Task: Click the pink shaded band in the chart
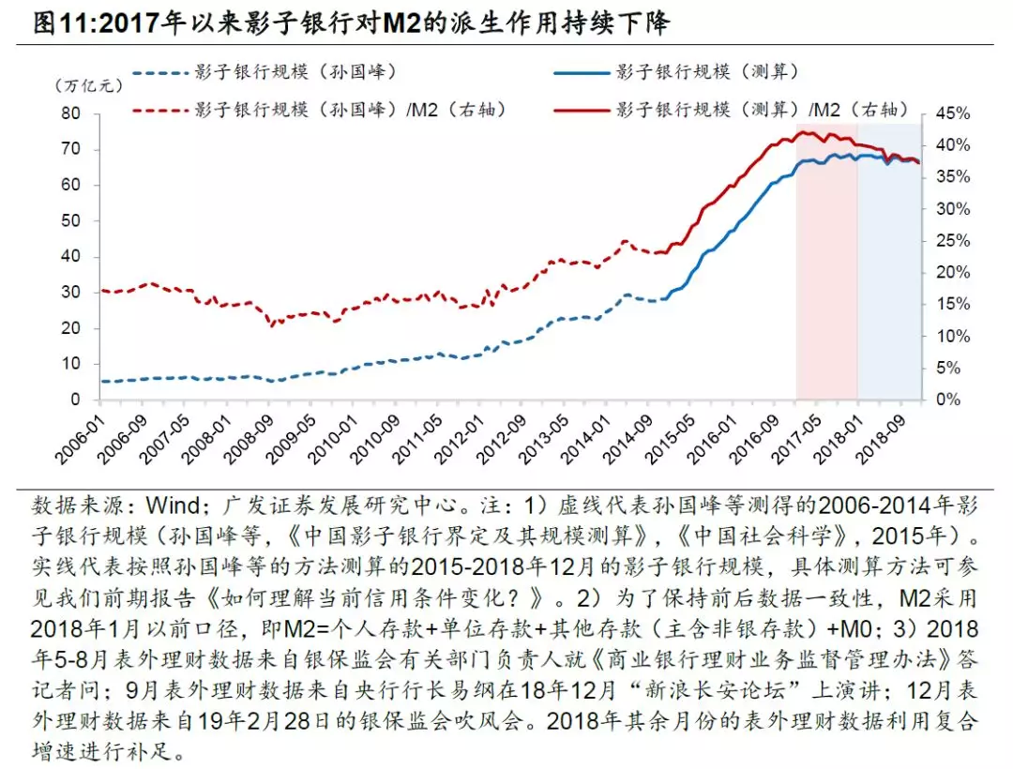tap(826, 281)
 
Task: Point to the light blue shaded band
tap(888, 281)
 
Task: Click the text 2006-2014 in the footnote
tap(861, 505)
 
